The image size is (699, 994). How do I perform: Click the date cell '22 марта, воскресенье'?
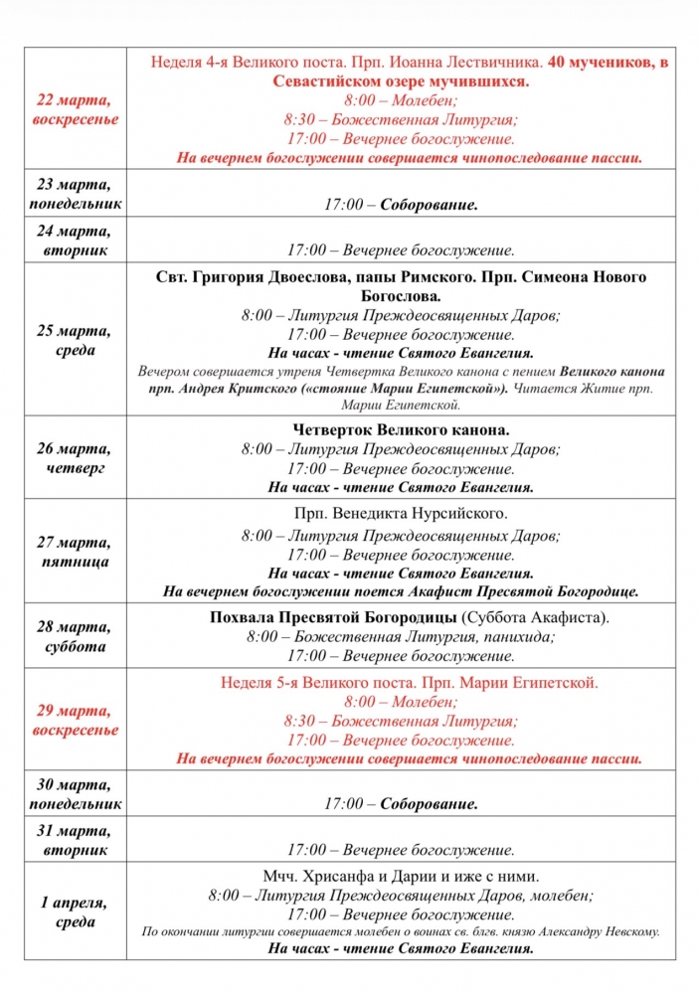(78, 109)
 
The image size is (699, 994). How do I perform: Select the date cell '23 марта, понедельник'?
(78, 194)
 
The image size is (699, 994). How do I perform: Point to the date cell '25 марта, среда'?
(78, 340)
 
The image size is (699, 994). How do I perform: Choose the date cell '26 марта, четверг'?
(78, 458)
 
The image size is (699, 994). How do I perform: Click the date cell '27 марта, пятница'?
(78, 552)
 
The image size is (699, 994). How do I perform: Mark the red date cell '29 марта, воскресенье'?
(78, 720)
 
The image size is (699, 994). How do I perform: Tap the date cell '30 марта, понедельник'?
(78, 793)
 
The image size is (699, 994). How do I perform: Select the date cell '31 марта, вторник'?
(78, 840)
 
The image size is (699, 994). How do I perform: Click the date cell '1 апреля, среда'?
(78, 912)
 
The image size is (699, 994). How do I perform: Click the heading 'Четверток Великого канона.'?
(401, 429)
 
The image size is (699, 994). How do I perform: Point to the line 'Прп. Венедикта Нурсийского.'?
(401, 514)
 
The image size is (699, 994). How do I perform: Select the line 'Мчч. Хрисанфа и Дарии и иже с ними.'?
(401, 876)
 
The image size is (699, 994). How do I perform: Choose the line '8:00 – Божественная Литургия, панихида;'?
(401, 637)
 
